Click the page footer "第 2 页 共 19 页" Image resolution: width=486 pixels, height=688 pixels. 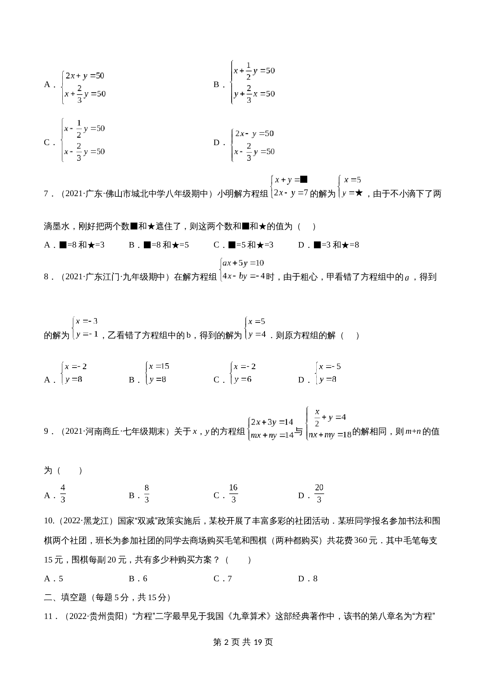click(243, 642)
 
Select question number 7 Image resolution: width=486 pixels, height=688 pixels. click(46, 194)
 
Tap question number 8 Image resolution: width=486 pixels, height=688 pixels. click(46, 277)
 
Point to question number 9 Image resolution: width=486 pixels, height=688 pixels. click(46, 431)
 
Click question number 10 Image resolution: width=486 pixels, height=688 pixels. click(49, 521)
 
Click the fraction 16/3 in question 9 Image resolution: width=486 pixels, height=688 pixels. click(233, 493)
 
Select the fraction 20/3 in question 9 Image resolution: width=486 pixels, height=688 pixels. click(319, 493)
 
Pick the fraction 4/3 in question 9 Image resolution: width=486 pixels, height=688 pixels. click(63, 493)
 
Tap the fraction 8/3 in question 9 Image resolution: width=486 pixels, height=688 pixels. click(147, 493)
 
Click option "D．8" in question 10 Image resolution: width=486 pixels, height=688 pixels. click(308, 579)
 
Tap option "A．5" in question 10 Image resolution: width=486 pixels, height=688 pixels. click(54, 579)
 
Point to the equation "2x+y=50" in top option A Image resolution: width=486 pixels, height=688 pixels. click(85, 76)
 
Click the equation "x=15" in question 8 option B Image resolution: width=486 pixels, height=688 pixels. click(158, 366)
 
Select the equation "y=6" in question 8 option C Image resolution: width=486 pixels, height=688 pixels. click(243, 379)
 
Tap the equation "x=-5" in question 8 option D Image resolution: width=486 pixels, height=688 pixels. click(330, 367)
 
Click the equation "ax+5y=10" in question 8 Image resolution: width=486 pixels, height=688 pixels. click(243, 263)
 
